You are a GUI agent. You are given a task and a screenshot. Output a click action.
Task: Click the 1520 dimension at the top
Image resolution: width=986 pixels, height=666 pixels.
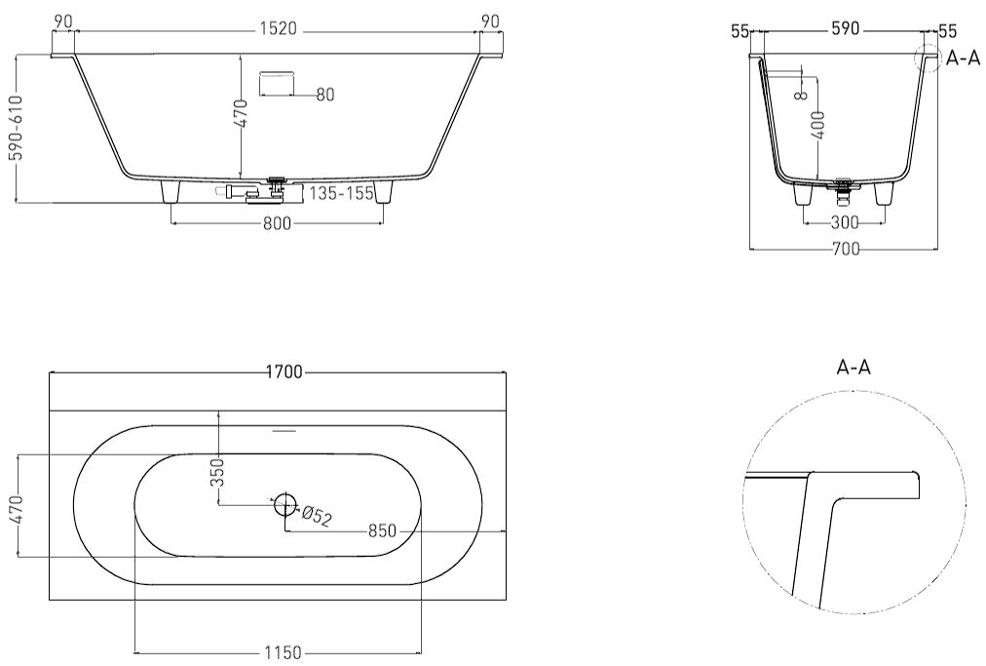[278, 29]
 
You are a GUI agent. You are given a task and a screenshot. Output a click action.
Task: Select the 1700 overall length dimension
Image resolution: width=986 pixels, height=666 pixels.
[284, 372]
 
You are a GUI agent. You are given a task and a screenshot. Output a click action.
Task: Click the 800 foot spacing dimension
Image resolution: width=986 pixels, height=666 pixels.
[277, 223]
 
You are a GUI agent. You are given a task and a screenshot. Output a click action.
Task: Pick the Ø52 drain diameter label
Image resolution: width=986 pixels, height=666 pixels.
[317, 515]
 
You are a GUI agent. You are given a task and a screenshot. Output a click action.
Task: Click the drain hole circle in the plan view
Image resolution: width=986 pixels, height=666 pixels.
[284, 502]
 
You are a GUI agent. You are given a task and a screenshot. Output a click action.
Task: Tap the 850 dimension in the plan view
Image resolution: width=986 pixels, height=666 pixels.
[382, 531]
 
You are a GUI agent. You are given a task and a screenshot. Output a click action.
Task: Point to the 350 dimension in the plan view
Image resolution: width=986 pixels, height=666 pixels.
[217, 472]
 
